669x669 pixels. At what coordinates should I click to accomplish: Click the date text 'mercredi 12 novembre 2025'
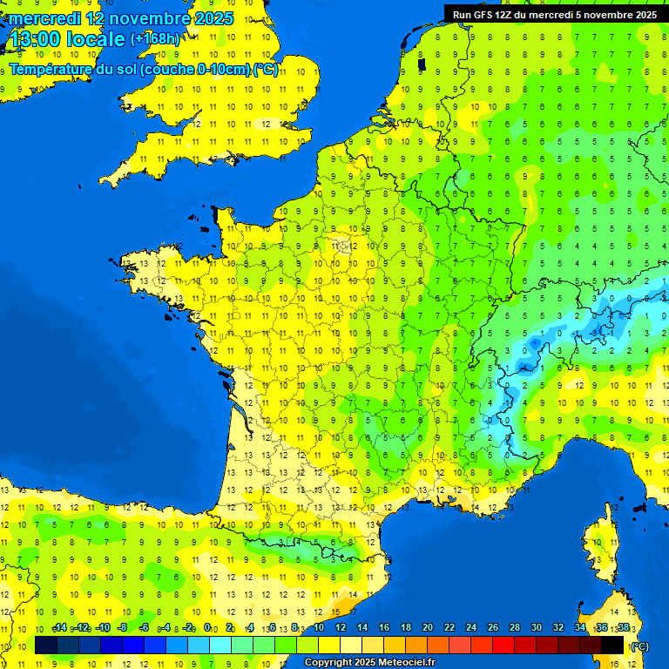click(121, 18)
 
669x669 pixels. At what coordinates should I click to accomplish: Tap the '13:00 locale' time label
click(67, 39)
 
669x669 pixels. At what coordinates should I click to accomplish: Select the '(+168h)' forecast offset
click(154, 39)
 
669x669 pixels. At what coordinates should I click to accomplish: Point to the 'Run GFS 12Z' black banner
click(555, 14)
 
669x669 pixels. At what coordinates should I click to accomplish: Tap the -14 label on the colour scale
click(59, 628)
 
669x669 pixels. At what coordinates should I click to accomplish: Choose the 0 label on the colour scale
click(207, 628)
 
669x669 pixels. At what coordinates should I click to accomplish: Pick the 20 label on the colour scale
click(427, 628)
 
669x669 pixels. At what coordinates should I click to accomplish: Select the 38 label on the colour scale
click(623, 628)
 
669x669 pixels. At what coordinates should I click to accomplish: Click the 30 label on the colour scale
click(536, 628)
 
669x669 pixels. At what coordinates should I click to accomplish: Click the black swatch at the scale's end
click(612, 645)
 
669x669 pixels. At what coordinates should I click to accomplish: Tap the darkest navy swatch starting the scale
click(46, 645)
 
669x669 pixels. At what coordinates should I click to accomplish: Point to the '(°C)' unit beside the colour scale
click(640, 645)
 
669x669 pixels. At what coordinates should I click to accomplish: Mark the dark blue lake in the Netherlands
click(422, 64)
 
